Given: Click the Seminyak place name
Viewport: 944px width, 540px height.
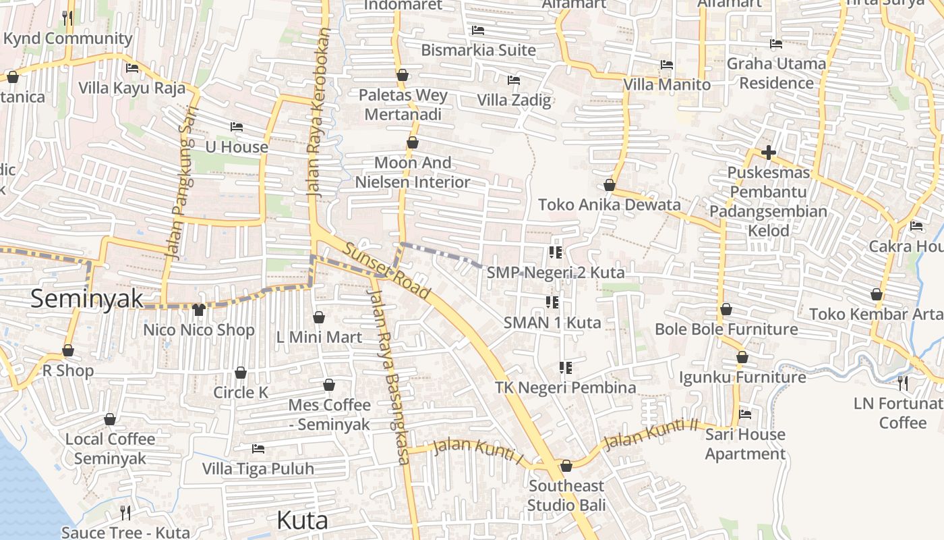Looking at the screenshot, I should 87,298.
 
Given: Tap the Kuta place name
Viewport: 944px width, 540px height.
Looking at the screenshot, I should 302,520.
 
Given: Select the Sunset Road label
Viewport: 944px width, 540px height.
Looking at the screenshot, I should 386,270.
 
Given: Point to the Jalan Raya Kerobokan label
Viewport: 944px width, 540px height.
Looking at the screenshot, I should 320,112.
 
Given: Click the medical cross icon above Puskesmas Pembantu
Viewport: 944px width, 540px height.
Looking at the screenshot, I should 768,153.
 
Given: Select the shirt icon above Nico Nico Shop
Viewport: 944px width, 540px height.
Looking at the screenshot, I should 198,310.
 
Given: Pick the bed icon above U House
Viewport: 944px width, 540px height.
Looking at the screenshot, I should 236,127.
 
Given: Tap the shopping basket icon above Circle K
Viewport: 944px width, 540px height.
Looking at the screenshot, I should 241,373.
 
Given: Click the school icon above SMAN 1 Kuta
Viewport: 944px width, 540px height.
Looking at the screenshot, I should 552,302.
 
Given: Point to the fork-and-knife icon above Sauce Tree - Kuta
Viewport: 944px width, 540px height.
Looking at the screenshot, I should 125,512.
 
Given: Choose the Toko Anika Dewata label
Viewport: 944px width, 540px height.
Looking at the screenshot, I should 609,205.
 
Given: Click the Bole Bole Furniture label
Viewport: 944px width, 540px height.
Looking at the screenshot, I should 726,329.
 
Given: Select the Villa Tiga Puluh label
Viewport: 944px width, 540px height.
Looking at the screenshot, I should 258,468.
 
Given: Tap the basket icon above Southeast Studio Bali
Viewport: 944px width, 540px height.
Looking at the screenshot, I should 566,466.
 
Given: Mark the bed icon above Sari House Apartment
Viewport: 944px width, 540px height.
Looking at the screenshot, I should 745,414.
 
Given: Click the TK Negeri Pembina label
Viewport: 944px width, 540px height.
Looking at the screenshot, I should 565,387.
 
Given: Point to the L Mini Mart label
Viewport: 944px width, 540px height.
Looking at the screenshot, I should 319,337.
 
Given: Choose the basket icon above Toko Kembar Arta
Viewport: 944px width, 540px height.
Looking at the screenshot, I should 877,295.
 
